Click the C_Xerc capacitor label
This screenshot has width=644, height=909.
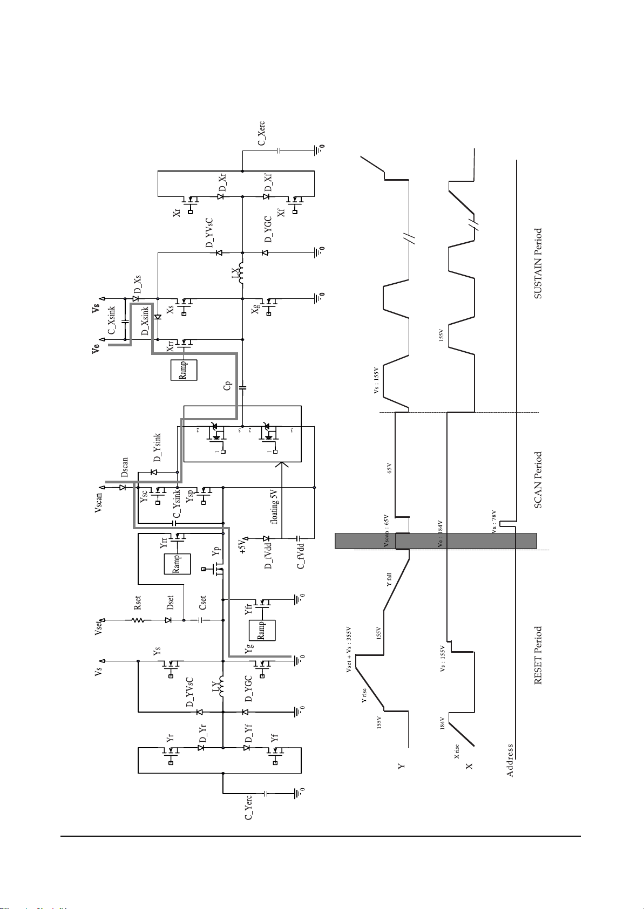[261, 134]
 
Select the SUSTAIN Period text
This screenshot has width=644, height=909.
[538, 263]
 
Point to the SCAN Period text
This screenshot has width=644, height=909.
[538, 480]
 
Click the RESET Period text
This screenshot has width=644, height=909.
[538, 655]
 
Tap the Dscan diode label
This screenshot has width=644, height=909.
[124, 467]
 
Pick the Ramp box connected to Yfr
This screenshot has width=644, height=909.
[262, 630]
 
